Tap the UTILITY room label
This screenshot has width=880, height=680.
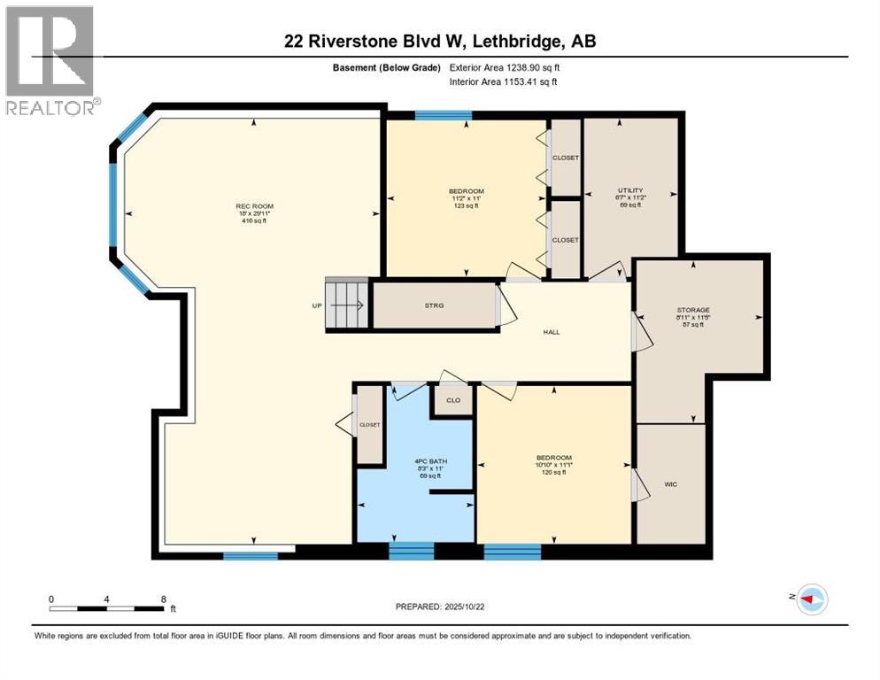coord(629,190)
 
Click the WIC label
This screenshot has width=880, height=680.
coord(672,485)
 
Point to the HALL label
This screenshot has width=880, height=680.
coord(552,332)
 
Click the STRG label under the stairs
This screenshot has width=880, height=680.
coord(433,305)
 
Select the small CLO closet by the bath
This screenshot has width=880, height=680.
coord(452,399)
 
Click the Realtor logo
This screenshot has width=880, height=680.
coord(50,60)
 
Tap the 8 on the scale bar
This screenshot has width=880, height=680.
coord(163,599)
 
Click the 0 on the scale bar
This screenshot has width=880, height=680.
coord(51,599)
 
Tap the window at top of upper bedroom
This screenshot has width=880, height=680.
coord(444,114)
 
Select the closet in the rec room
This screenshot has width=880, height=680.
coord(368,426)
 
